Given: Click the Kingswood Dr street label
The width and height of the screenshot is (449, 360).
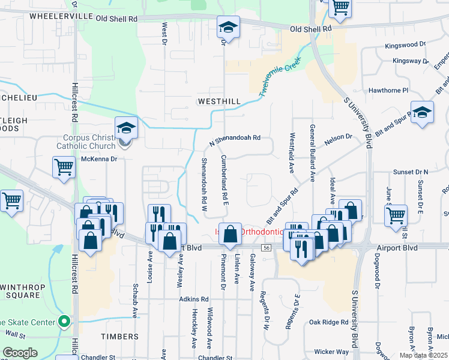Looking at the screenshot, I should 405,44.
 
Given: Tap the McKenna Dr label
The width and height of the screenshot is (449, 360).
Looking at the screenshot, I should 99,159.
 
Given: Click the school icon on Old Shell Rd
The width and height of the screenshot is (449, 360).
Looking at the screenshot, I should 228,27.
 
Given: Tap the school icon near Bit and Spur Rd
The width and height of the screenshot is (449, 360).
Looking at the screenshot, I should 422,112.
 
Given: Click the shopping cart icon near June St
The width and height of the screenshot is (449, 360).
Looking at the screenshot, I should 396,215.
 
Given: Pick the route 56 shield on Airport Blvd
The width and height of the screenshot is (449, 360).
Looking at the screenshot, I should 265,248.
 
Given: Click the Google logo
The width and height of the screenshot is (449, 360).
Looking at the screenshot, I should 20,352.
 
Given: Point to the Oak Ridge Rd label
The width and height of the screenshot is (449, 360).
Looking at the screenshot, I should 329,322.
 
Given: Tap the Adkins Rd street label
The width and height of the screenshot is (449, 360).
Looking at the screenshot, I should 193,299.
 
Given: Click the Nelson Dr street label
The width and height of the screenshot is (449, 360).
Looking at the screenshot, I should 339,137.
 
